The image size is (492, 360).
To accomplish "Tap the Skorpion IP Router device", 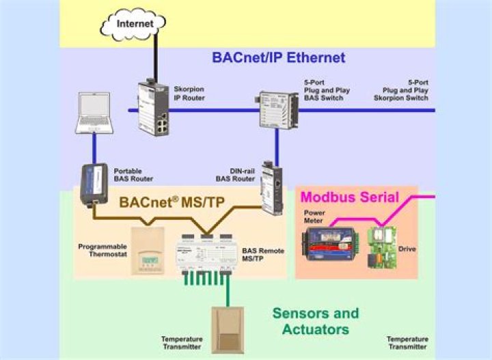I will coord(152,108).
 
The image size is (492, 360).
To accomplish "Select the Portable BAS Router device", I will coord(91,183).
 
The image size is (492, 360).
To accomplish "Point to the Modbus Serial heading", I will coord(351,197).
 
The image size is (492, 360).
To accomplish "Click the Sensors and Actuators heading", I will coord(315,321).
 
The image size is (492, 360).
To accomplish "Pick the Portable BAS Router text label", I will coord(133,175).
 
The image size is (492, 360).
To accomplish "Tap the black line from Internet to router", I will coord(155,58).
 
